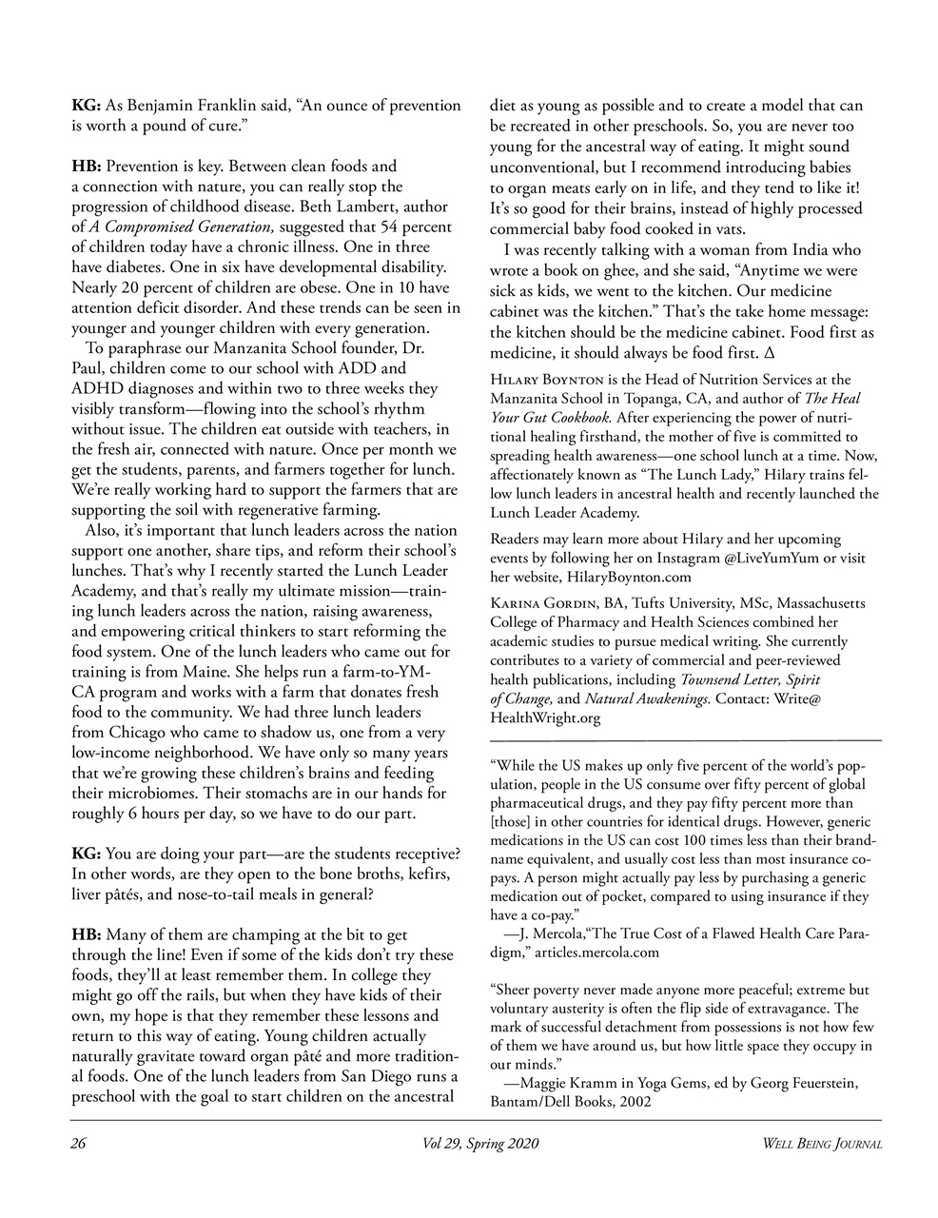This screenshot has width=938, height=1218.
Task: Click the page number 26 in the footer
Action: pyautogui.click(x=79, y=1143)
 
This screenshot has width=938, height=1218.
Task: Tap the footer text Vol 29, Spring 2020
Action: pyautogui.click(x=475, y=1143)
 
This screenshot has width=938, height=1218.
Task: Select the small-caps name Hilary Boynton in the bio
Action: pyautogui.click(x=546, y=381)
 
